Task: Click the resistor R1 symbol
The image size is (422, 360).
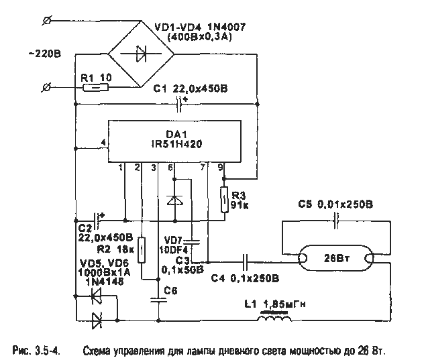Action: (96, 87)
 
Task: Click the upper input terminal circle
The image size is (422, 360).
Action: (45, 21)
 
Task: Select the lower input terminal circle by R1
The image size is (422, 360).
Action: (45, 87)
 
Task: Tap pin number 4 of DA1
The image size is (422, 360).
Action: (102, 143)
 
